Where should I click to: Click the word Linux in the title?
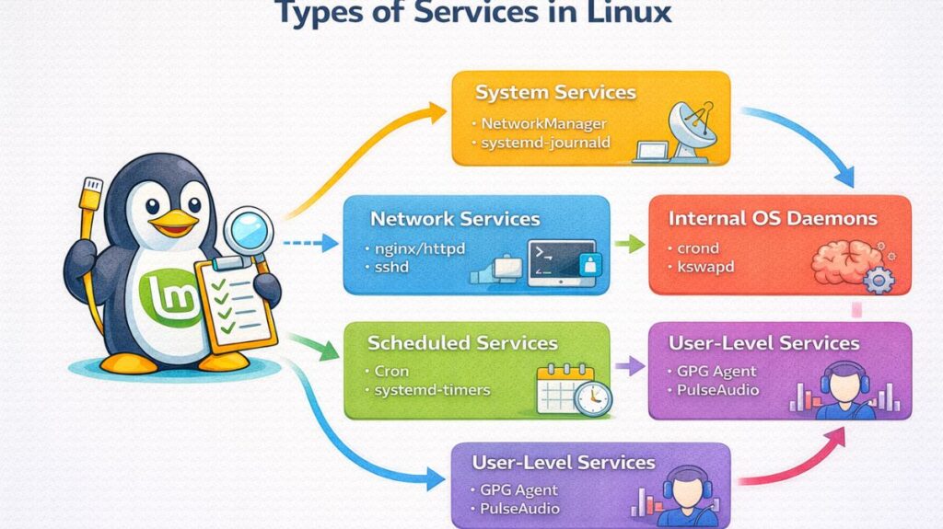[626, 13]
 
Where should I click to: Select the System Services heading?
[555, 93]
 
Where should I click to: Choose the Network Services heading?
[454, 220]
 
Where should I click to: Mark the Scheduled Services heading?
[462, 344]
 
